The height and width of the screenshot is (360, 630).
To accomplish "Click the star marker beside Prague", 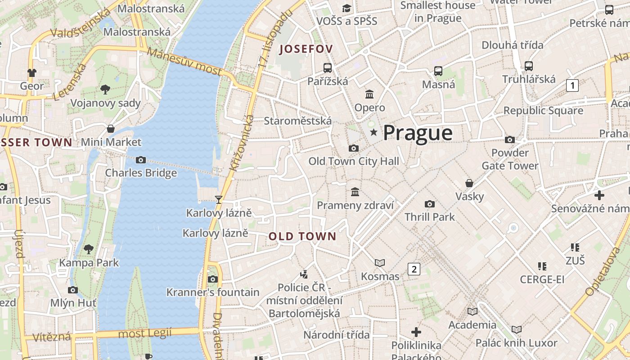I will (x=373, y=132).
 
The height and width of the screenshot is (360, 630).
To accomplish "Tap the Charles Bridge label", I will (x=141, y=173).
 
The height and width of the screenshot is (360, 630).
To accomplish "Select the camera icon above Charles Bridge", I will (x=141, y=160).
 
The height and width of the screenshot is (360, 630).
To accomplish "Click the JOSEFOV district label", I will (x=306, y=49).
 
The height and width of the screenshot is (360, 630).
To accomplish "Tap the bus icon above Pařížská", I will (x=328, y=68).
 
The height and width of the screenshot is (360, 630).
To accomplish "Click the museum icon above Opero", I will (x=370, y=94).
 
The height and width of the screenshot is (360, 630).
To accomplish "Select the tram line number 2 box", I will (x=414, y=269).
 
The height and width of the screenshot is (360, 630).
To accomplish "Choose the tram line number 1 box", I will (x=572, y=85).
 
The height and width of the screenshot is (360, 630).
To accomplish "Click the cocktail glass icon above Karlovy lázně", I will (x=219, y=199).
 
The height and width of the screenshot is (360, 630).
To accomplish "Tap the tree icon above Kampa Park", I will (x=89, y=249).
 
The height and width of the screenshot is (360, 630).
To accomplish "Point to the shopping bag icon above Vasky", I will (x=469, y=183).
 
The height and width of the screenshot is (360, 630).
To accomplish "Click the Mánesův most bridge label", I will (x=184, y=61).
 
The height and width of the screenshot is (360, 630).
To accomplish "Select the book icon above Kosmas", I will (x=380, y=263).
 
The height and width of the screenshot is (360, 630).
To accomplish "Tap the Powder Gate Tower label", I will (x=510, y=159).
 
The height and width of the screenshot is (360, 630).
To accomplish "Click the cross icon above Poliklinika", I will (x=416, y=332).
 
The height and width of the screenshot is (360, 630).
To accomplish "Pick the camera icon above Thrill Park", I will (x=430, y=204).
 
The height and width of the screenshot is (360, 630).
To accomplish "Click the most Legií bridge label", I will (x=145, y=333).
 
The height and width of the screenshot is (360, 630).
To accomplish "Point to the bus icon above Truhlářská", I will (x=529, y=66).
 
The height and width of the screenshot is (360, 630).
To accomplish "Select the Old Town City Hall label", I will (x=354, y=161).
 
